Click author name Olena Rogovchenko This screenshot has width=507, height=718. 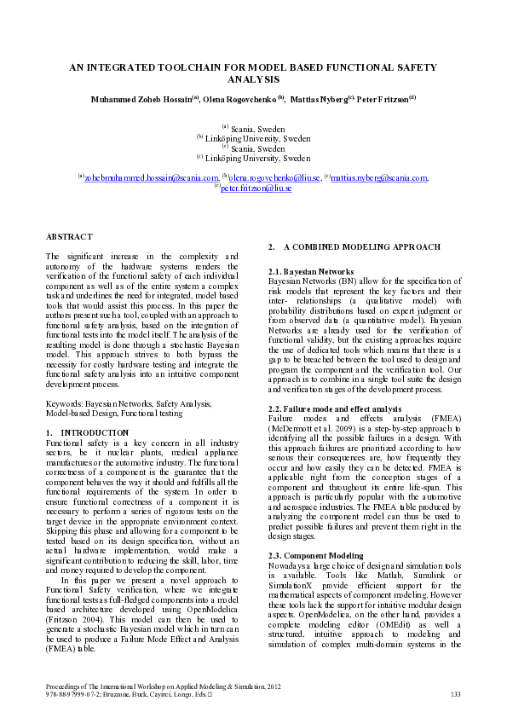point(239,99)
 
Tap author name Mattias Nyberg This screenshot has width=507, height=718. point(317,99)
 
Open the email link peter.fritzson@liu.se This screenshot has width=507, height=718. point(256,188)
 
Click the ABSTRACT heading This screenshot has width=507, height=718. point(64,235)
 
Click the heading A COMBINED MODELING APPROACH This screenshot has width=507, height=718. point(350,247)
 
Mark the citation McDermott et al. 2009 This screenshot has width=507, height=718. point(314,429)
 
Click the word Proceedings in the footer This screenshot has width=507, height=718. point(65,686)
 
